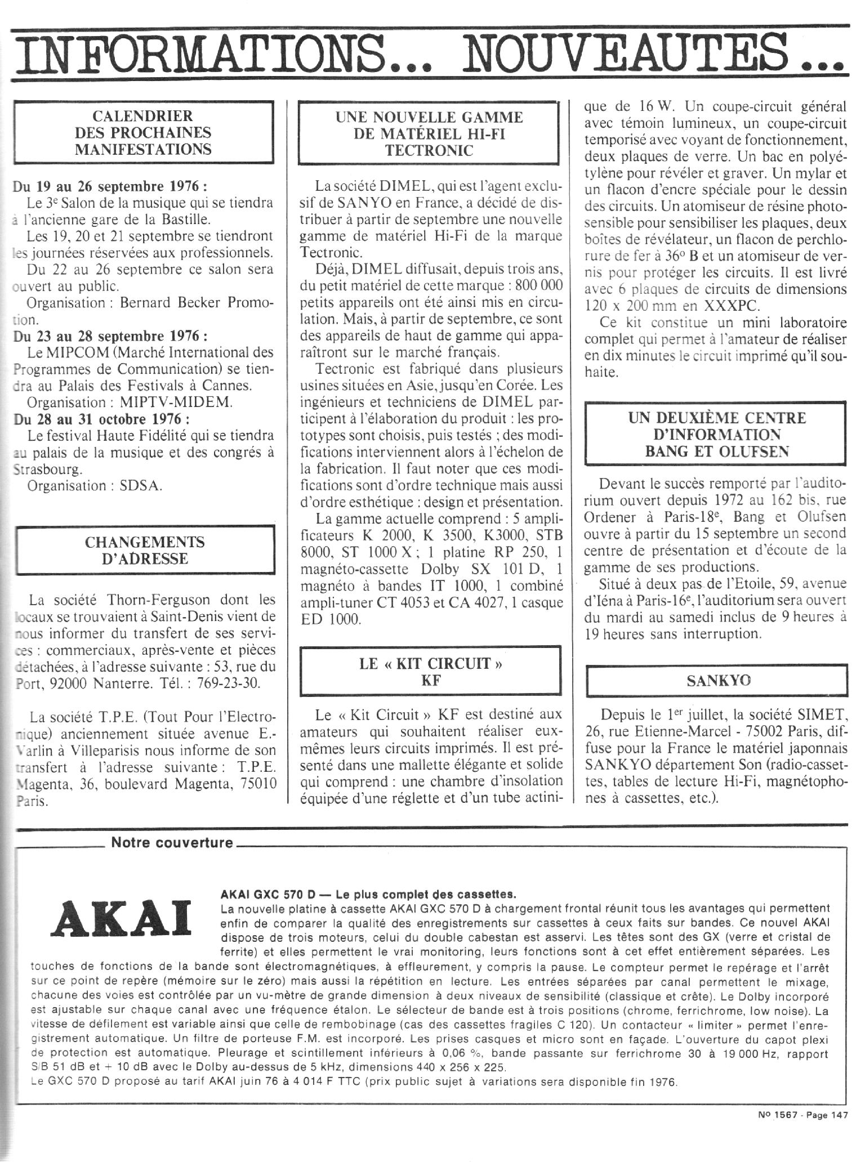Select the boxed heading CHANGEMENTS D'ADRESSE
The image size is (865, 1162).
tap(145, 551)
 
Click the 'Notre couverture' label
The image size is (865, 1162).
tap(172, 843)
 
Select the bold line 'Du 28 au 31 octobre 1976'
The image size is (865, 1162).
tap(101, 419)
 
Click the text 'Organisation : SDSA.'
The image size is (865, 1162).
tap(95, 485)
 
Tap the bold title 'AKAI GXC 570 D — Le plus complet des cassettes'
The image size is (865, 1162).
tap(369, 894)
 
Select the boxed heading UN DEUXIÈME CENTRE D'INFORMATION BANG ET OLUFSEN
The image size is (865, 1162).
tap(716, 434)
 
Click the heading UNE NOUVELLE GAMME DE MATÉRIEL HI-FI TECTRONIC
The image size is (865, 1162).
tap(429, 133)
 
